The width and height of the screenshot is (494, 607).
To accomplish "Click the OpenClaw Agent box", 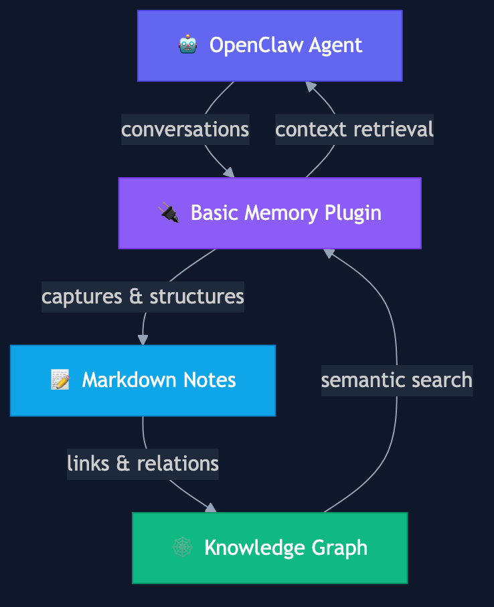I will [x=270, y=45].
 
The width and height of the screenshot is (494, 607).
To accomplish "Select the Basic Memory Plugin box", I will [x=270, y=213].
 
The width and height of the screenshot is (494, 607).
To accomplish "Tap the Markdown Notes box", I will [x=143, y=380].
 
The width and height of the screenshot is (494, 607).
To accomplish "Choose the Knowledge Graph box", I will [x=270, y=548].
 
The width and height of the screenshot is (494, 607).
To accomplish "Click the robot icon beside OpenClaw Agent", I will [x=187, y=45].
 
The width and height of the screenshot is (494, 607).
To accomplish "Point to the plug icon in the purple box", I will [x=169, y=213].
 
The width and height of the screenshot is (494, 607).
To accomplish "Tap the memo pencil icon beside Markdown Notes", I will [x=60, y=380].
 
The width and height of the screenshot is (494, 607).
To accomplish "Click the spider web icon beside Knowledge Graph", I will [x=182, y=548].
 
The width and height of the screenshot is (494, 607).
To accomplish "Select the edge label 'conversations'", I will [x=185, y=129].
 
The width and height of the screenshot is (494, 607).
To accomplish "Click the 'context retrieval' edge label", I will [x=354, y=129].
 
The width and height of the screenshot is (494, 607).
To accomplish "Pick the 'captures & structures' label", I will [x=143, y=296].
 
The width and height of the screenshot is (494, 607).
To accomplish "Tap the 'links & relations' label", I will [x=143, y=463].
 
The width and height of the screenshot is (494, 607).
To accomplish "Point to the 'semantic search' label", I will [x=397, y=380].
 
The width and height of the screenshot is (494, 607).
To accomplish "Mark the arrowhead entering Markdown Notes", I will [x=143, y=340].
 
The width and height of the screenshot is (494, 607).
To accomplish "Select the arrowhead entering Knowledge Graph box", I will [x=212, y=509].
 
